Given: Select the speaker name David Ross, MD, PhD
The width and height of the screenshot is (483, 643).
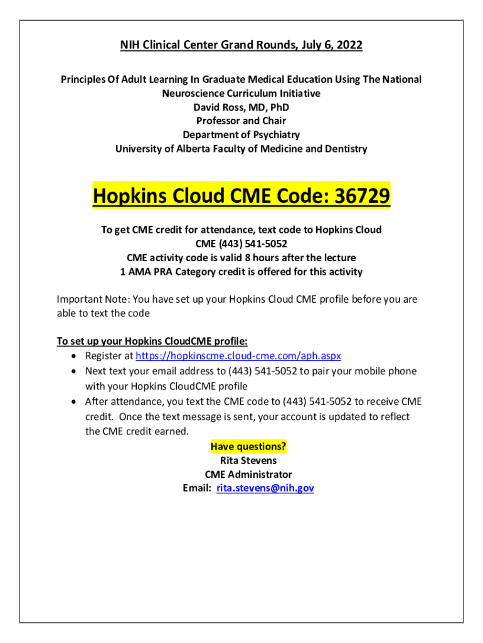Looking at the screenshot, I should click(241, 107).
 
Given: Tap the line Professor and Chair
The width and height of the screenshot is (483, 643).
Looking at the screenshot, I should click(241, 121).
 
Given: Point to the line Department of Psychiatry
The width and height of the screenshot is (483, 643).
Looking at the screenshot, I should click(241, 135).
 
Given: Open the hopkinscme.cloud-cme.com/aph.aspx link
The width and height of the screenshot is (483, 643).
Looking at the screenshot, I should click(238, 355).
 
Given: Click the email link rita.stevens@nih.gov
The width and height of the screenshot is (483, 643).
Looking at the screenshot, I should click(265, 488).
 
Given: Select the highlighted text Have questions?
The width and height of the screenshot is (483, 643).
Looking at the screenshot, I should click(248, 446).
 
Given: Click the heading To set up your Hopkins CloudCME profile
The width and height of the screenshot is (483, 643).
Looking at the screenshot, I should click(152, 341).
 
